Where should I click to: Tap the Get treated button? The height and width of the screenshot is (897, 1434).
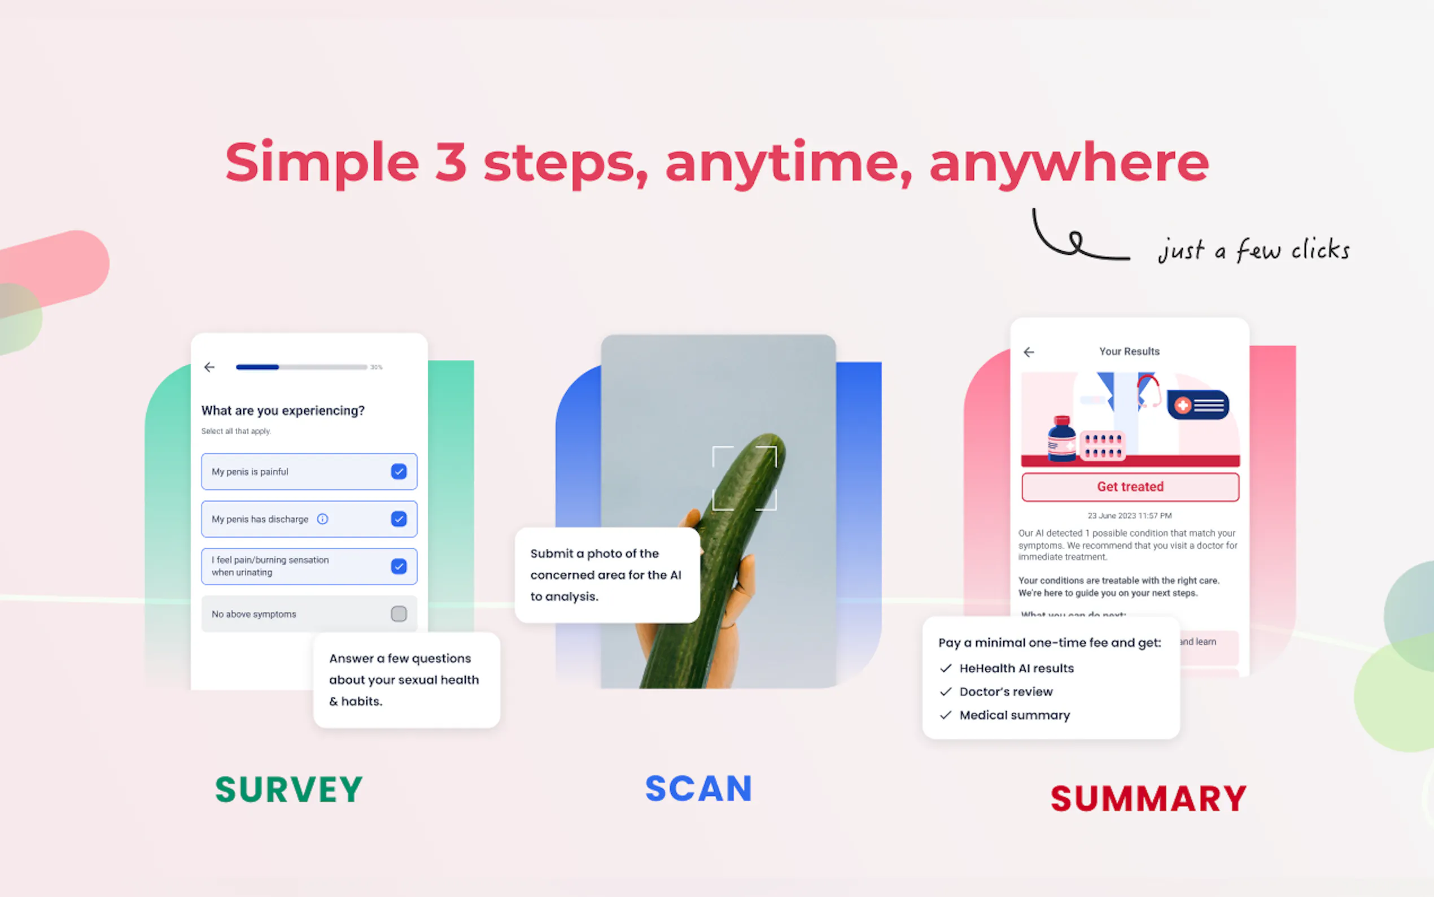[1130, 486]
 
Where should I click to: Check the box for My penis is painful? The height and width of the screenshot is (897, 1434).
[399, 472]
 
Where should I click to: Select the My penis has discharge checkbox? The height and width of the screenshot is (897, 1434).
[399, 519]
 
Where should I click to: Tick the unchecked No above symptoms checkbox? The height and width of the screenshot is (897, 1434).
[399, 613]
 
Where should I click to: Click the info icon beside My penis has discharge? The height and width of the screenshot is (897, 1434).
[322, 519]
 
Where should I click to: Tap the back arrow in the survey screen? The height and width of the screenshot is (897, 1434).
[209, 367]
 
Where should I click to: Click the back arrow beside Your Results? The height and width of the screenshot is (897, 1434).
[1029, 352]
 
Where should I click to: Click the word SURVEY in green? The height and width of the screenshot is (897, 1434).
[288, 790]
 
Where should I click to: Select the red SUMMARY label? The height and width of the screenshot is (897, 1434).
[1148, 799]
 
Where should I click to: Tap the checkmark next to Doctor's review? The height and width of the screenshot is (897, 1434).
[946, 692]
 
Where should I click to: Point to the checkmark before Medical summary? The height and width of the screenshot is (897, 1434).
[946, 716]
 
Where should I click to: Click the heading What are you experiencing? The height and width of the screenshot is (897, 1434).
[283, 411]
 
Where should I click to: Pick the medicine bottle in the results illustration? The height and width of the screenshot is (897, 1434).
[1061, 439]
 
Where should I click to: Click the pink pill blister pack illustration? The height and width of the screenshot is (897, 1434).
[1102, 446]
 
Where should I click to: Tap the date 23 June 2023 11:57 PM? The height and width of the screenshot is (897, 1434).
[1129, 516]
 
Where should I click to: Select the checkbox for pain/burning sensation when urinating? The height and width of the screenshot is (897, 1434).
[399, 567]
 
